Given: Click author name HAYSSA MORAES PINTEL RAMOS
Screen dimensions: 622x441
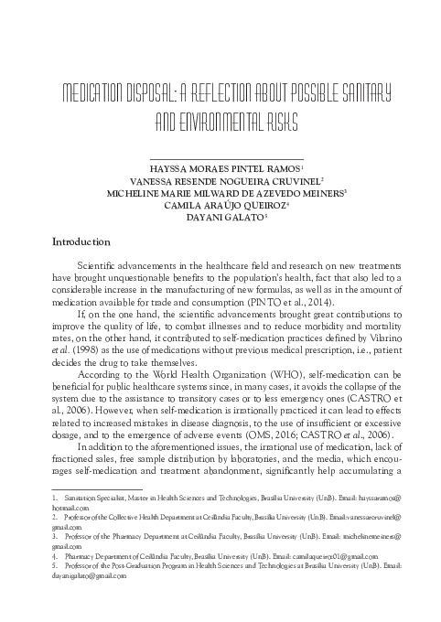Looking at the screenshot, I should coord(219,170).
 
